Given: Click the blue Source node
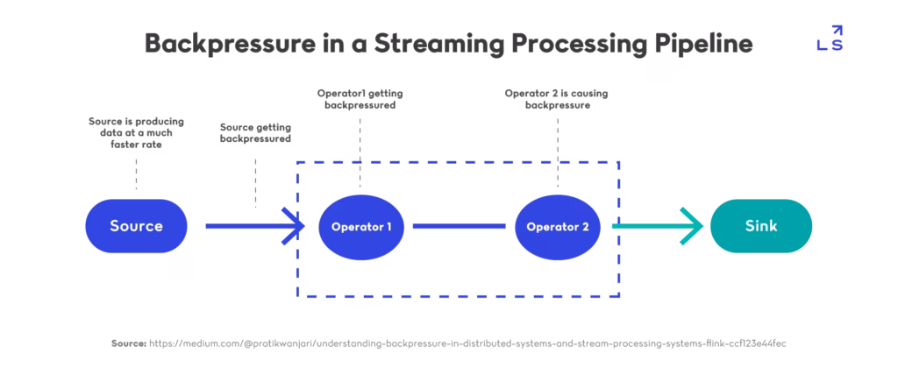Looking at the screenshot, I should pos(136,226).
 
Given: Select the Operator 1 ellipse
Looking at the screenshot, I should pos(361,227).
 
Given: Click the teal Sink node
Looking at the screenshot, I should pos(761,226).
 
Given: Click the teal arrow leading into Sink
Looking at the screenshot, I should pos(658,227).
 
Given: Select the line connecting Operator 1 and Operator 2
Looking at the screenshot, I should pos(460,227).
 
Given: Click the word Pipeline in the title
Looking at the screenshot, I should pos(705,44).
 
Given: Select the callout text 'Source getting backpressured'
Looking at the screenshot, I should pos(254,132).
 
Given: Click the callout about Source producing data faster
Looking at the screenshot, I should pos(135,132).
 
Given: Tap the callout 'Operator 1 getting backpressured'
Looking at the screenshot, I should pos(361,99).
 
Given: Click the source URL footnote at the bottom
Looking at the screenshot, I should pos(449,343).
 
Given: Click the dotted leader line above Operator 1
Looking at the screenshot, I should pos(360,149).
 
